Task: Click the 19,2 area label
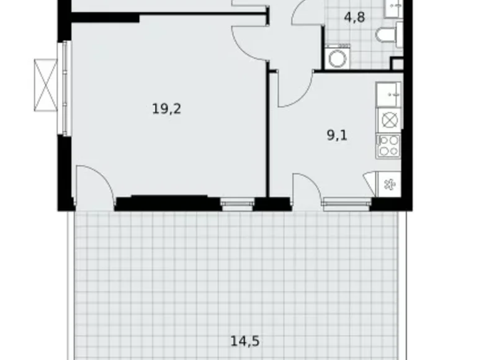tap(167, 109)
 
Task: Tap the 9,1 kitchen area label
tap(337, 135)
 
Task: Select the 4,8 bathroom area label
tap(354, 17)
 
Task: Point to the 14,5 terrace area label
tap(244, 341)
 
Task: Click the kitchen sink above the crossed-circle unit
tap(389, 95)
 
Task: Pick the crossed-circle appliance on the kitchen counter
tap(388, 120)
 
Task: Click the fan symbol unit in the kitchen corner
tap(388, 184)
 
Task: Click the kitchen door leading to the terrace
tap(307, 187)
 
